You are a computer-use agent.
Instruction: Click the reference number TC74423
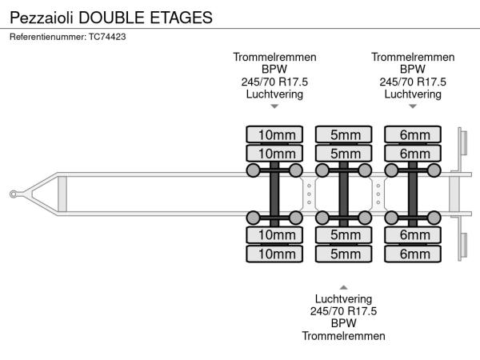[108, 36]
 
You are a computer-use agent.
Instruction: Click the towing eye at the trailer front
[15, 194]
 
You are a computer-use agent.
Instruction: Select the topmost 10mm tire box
[274, 134]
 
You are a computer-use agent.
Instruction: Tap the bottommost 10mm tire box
[274, 254]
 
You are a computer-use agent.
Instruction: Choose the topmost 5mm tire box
[344, 134]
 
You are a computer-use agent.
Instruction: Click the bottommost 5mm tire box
[344, 254]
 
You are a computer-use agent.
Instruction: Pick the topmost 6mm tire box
[414, 134]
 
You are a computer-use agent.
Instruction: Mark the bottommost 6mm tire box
[414, 254]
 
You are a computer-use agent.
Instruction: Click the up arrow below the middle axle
[344, 286]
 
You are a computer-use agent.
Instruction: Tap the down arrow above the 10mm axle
[274, 106]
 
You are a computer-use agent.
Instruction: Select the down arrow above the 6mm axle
[413, 106]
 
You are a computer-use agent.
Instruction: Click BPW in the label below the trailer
[344, 323]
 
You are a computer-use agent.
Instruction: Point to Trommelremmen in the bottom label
[344, 336]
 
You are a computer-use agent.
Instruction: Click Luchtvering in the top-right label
[413, 94]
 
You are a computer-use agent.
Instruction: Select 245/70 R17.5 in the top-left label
[274, 82]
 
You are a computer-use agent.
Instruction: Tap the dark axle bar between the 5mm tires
[344, 194]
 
